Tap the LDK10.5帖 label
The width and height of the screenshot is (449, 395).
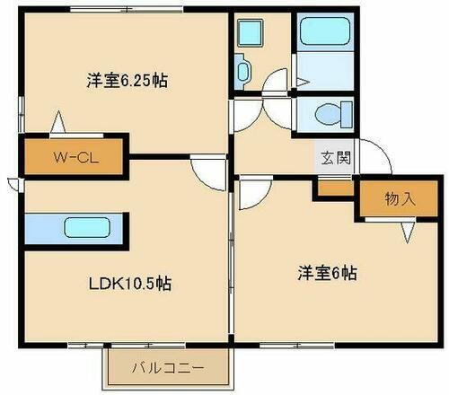130,283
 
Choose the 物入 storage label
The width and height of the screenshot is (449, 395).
399,199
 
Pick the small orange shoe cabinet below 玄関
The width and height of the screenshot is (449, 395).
334,187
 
